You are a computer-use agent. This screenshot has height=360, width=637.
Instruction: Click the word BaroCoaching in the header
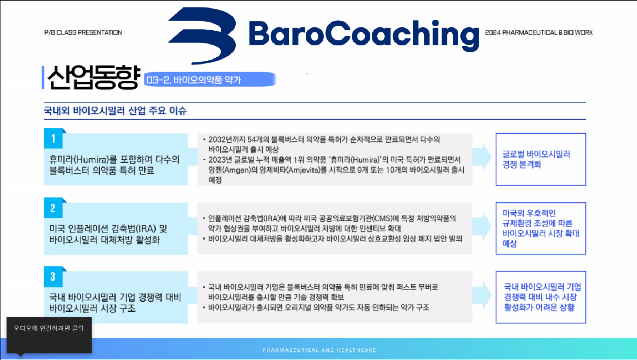(x=363, y=35)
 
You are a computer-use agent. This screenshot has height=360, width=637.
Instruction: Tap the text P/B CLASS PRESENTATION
(x=83, y=32)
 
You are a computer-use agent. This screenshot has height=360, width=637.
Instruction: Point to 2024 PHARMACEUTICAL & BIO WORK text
(x=539, y=32)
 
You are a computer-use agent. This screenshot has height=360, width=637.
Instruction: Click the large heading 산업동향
(x=93, y=77)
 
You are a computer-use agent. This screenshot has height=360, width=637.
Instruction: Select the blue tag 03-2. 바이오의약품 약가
(x=210, y=79)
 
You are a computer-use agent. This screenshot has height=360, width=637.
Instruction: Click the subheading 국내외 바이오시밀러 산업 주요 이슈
(x=115, y=111)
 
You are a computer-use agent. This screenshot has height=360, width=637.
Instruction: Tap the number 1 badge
(x=53, y=138)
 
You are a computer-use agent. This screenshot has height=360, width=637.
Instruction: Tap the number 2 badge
(x=53, y=208)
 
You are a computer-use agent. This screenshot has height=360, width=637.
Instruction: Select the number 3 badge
(x=53, y=277)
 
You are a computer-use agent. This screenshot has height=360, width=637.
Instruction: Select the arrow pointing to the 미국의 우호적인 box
(x=483, y=226)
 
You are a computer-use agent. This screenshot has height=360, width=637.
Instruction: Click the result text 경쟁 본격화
(x=522, y=164)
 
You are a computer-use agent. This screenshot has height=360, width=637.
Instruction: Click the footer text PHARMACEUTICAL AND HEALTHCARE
(x=320, y=350)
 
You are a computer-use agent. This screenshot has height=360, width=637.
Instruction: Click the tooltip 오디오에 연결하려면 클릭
(x=49, y=328)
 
